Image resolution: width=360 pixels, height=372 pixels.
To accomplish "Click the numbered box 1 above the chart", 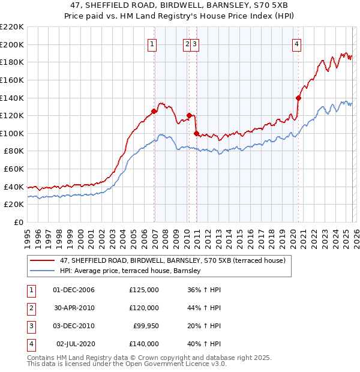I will click(152, 43).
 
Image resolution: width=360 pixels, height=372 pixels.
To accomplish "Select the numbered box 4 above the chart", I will click(297, 43).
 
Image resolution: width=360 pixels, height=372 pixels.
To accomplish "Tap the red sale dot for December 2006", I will click(154, 111).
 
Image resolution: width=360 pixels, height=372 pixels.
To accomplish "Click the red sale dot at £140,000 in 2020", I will click(298, 98).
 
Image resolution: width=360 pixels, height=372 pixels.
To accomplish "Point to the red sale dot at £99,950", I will click(197, 133).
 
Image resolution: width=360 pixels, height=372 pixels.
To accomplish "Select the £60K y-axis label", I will click(14, 169).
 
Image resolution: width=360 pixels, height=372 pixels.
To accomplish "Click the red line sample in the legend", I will click(43, 260).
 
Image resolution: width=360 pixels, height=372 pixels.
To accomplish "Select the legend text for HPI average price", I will click(130, 271).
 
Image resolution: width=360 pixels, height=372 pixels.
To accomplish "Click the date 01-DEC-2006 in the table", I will click(74, 290).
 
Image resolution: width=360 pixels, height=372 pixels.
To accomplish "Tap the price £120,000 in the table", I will click(144, 308).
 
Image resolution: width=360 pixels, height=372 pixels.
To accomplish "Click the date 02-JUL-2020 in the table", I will click(75, 344).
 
